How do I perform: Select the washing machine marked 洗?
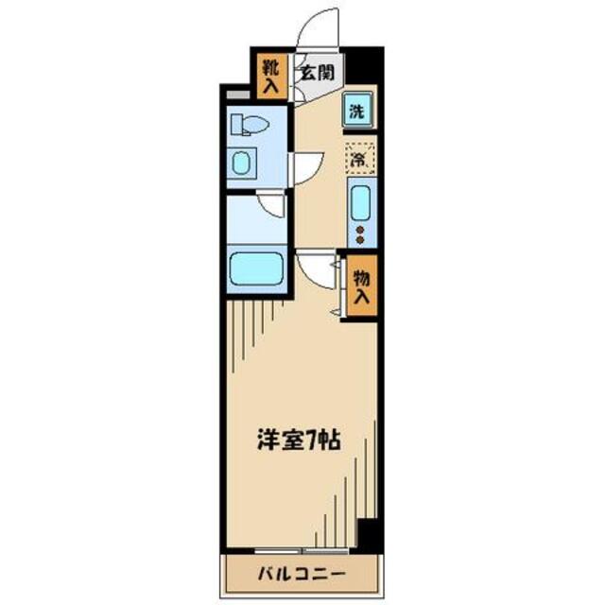(356, 111)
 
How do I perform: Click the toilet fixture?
(252, 125)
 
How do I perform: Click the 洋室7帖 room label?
(296, 440)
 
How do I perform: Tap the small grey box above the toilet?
(239, 95)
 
